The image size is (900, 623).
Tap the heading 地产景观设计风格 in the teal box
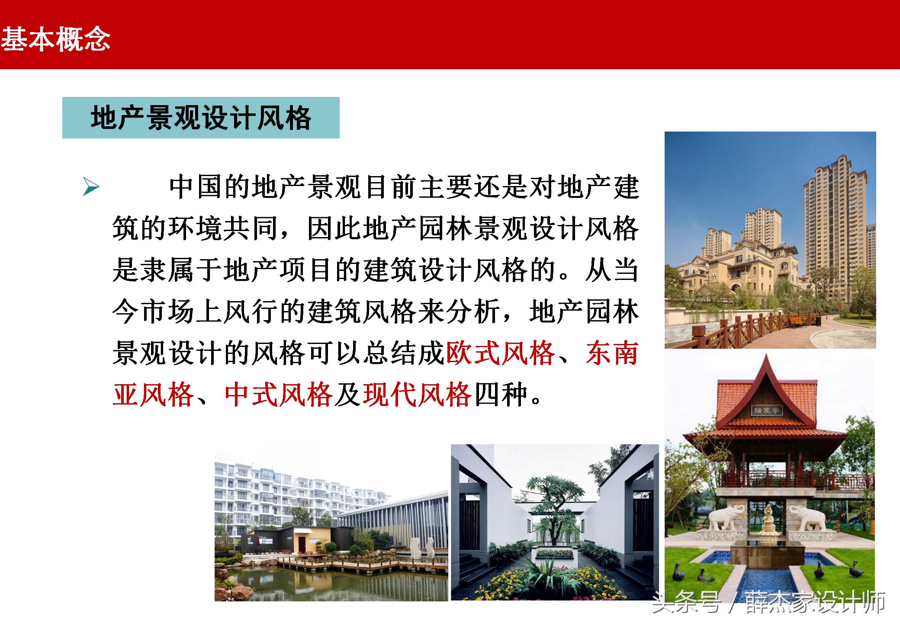pos(201,118)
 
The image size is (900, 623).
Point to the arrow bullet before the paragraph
pos(91,187)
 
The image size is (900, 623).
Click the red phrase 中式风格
pos(279,394)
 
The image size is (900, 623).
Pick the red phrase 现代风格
pos(417,394)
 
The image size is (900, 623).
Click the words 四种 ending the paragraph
pos(502,394)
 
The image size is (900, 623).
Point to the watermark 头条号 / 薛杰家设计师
pos(768,602)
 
